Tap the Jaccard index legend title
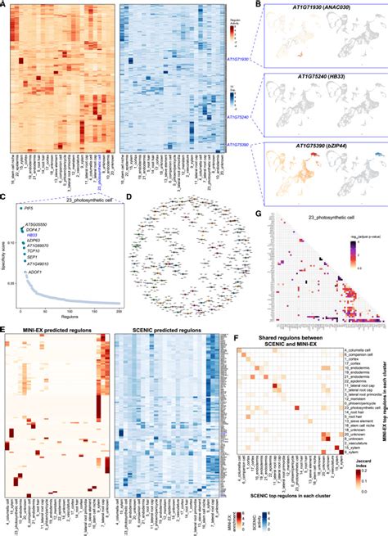pyautogui.click(x=363, y=487)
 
